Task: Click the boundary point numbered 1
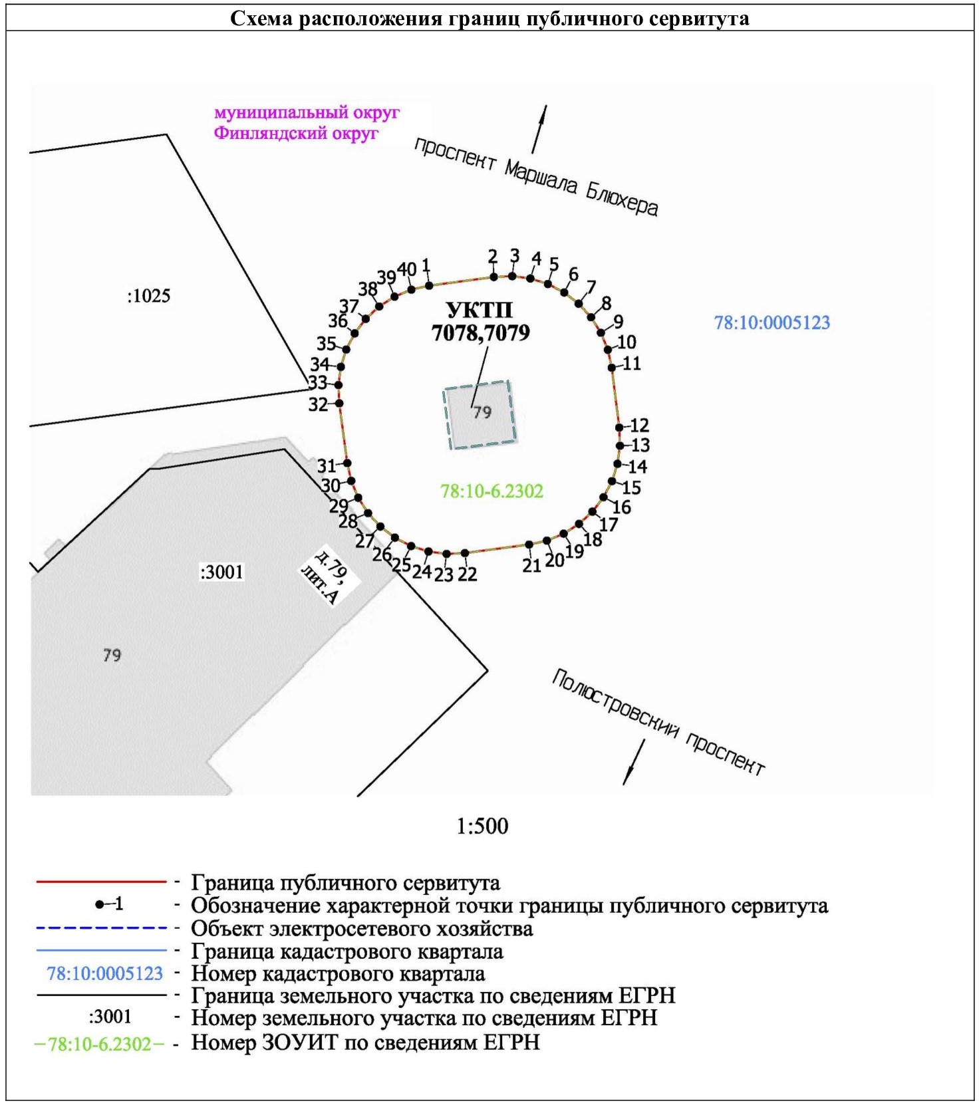[x=429, y=285]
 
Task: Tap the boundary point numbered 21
[x=529, y=545]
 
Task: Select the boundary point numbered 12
[x=619, y=428]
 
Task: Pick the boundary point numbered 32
[x=339, y=403]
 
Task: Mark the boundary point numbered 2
[x=493, y=277]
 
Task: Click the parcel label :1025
[x=148, y=296]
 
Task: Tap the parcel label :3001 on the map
[x=222, y=572]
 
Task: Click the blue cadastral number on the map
[x=772, y=323]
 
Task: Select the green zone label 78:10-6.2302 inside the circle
[x=491, y=491]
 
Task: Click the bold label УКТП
[x=479, y=310]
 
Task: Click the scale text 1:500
[x=482, y=826]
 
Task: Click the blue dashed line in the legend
[x=101, y=927]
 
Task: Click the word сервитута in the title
[x=698, y=18]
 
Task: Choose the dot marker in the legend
[x=100, y=904]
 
